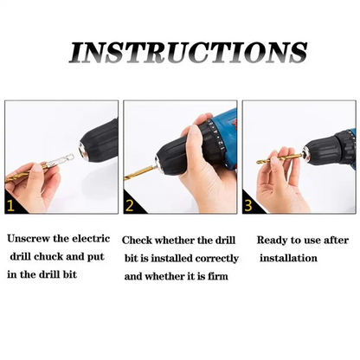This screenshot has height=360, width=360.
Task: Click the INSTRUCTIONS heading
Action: [x=188, y=53]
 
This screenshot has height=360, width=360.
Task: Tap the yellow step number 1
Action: [x=10, y=206]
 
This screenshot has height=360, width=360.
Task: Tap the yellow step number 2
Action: [x=130, y=206]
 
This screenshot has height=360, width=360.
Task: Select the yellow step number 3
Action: [x=248, y=206]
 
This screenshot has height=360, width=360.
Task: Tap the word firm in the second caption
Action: [x=218, y=276]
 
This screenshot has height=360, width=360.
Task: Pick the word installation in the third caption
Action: [x=288, y=258]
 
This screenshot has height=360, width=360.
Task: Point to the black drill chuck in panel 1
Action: [x=100, y=138]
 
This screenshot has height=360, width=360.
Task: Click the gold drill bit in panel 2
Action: [x=139, y=174]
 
